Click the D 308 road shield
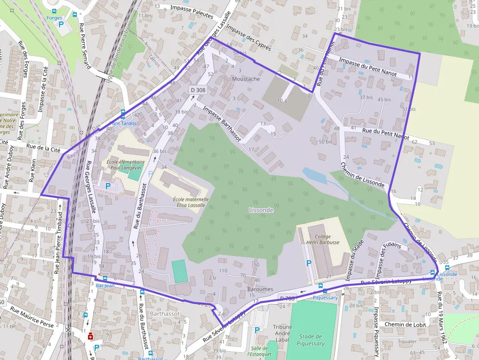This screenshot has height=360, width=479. point(198,90)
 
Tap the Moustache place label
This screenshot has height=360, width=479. point(246,79)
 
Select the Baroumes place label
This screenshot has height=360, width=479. point(260,289)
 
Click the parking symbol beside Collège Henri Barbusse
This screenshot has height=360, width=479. point(308,263)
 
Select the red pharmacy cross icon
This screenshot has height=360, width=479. point(90,337)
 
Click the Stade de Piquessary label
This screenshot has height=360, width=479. point(310,339)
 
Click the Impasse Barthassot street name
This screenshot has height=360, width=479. point(221,124)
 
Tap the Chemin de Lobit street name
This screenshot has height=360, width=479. point(405,324)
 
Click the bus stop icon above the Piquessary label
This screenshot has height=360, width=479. point(320,286)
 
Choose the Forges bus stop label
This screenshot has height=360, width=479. point(54,18)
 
